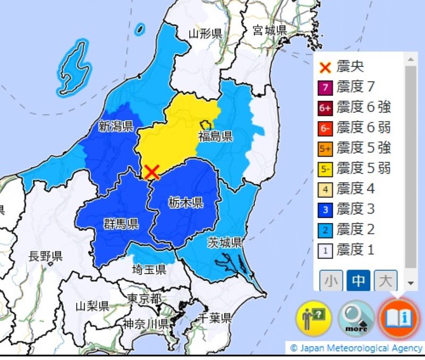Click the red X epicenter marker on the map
(x=152, y=172)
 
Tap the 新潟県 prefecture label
(x=115, y=126)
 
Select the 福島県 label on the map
(x=215, y=136)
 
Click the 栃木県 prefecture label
(x=186, y=202)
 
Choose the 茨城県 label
(x=224, y=243)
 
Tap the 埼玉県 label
(x=149, y=269)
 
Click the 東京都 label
(x=144, y=299)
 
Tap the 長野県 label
(x=45, y=256)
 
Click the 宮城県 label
(x=269, y=29)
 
